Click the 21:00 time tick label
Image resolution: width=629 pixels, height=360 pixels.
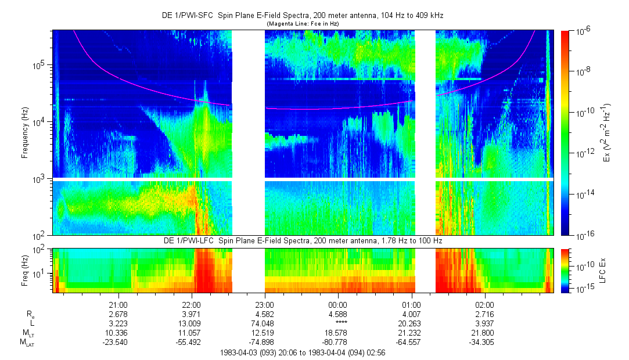point(118,305)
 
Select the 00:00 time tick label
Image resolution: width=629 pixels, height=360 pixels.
point(338,305)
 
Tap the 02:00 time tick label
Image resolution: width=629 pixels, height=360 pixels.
point(484,305)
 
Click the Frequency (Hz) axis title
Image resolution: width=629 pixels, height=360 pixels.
point(25,133)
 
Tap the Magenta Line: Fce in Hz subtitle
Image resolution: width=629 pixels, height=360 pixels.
point(302,24)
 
